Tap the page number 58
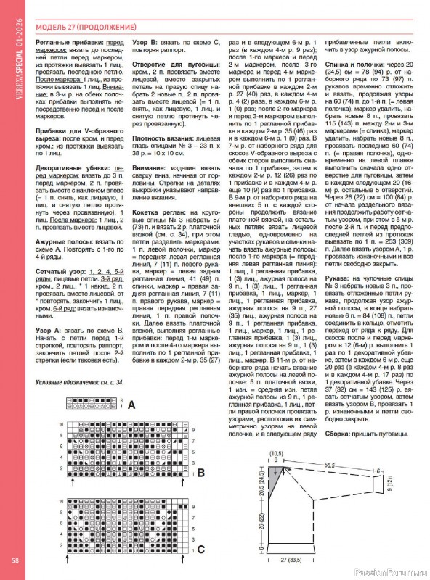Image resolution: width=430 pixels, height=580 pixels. (15, 560)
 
